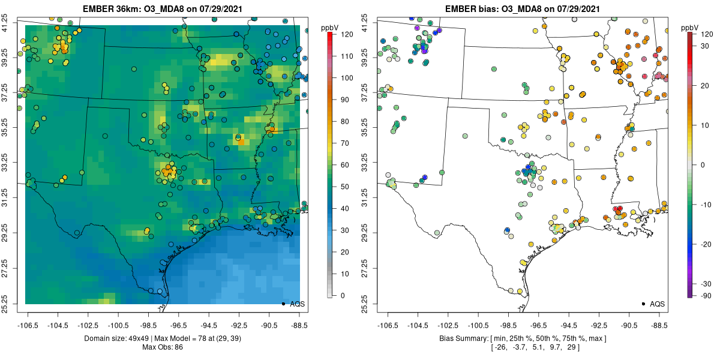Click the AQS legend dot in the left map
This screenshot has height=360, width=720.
(283, 304)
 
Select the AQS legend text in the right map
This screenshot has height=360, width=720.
(657, 304)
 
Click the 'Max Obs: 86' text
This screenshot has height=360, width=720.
(163, 347)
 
